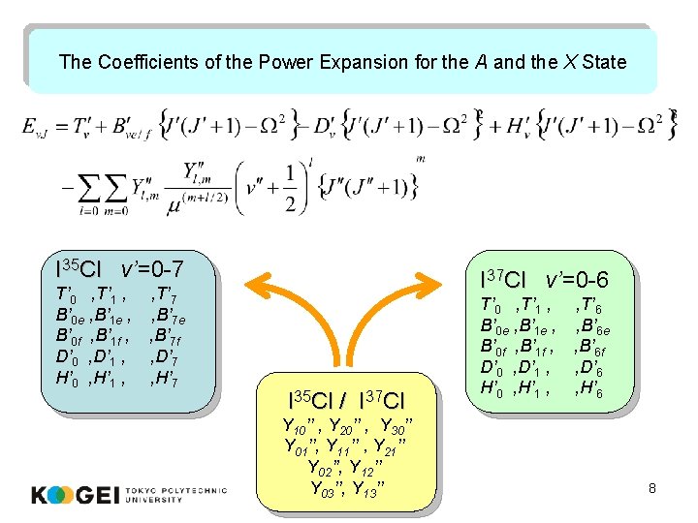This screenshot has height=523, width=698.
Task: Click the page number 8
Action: pos(652,488)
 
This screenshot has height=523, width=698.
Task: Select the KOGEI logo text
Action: pos(76,496)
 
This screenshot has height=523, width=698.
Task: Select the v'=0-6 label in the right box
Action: pos(577,280)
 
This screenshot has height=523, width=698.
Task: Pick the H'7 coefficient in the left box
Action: pos(165,378)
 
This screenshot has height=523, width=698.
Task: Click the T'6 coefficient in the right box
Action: pos(590,307)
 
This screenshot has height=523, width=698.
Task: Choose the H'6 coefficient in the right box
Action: pos(590,389)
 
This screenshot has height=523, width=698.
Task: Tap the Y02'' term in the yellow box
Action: pos(327,467)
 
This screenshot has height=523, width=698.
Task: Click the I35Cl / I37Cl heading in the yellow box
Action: pos(347,399)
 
